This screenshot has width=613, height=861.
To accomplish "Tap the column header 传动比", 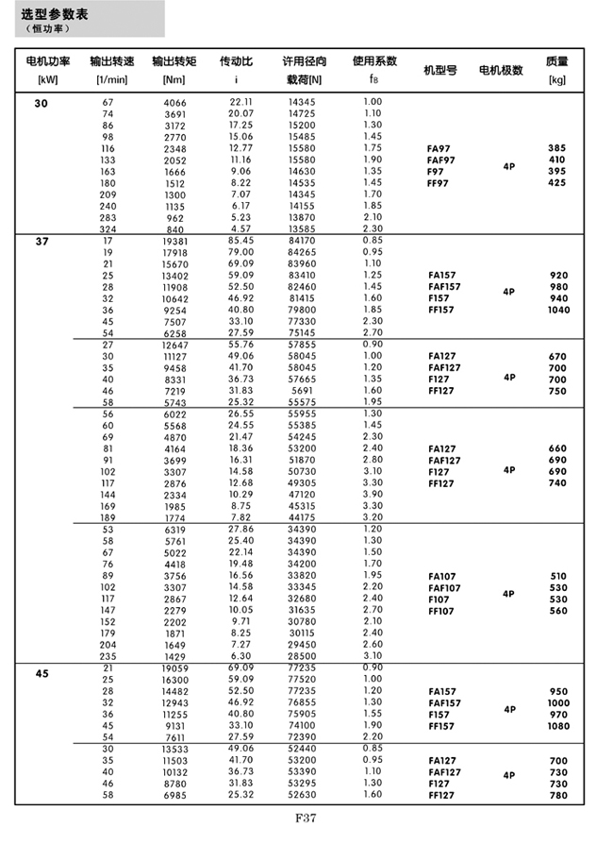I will (x=236, y=61).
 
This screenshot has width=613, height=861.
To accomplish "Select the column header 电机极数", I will (x=501, y=70).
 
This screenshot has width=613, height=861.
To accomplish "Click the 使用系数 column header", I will (x=373, y=61).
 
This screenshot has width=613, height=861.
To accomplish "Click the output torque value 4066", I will (x=175, y=102).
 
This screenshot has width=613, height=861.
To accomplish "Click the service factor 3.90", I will (x=373, y=494).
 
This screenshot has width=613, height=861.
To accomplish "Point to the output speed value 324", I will (x=108, y=228).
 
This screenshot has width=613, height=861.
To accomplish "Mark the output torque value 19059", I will (x=175, y=667).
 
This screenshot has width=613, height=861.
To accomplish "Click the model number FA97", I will (x=440, y=149).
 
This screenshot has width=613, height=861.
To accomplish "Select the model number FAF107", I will (x=444, y=588).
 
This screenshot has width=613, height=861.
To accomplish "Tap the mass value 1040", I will (x=558, y=310).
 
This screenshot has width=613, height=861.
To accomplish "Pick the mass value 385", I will (x=557, y=149).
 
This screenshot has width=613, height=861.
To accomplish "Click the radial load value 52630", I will (x=302, y=794).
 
